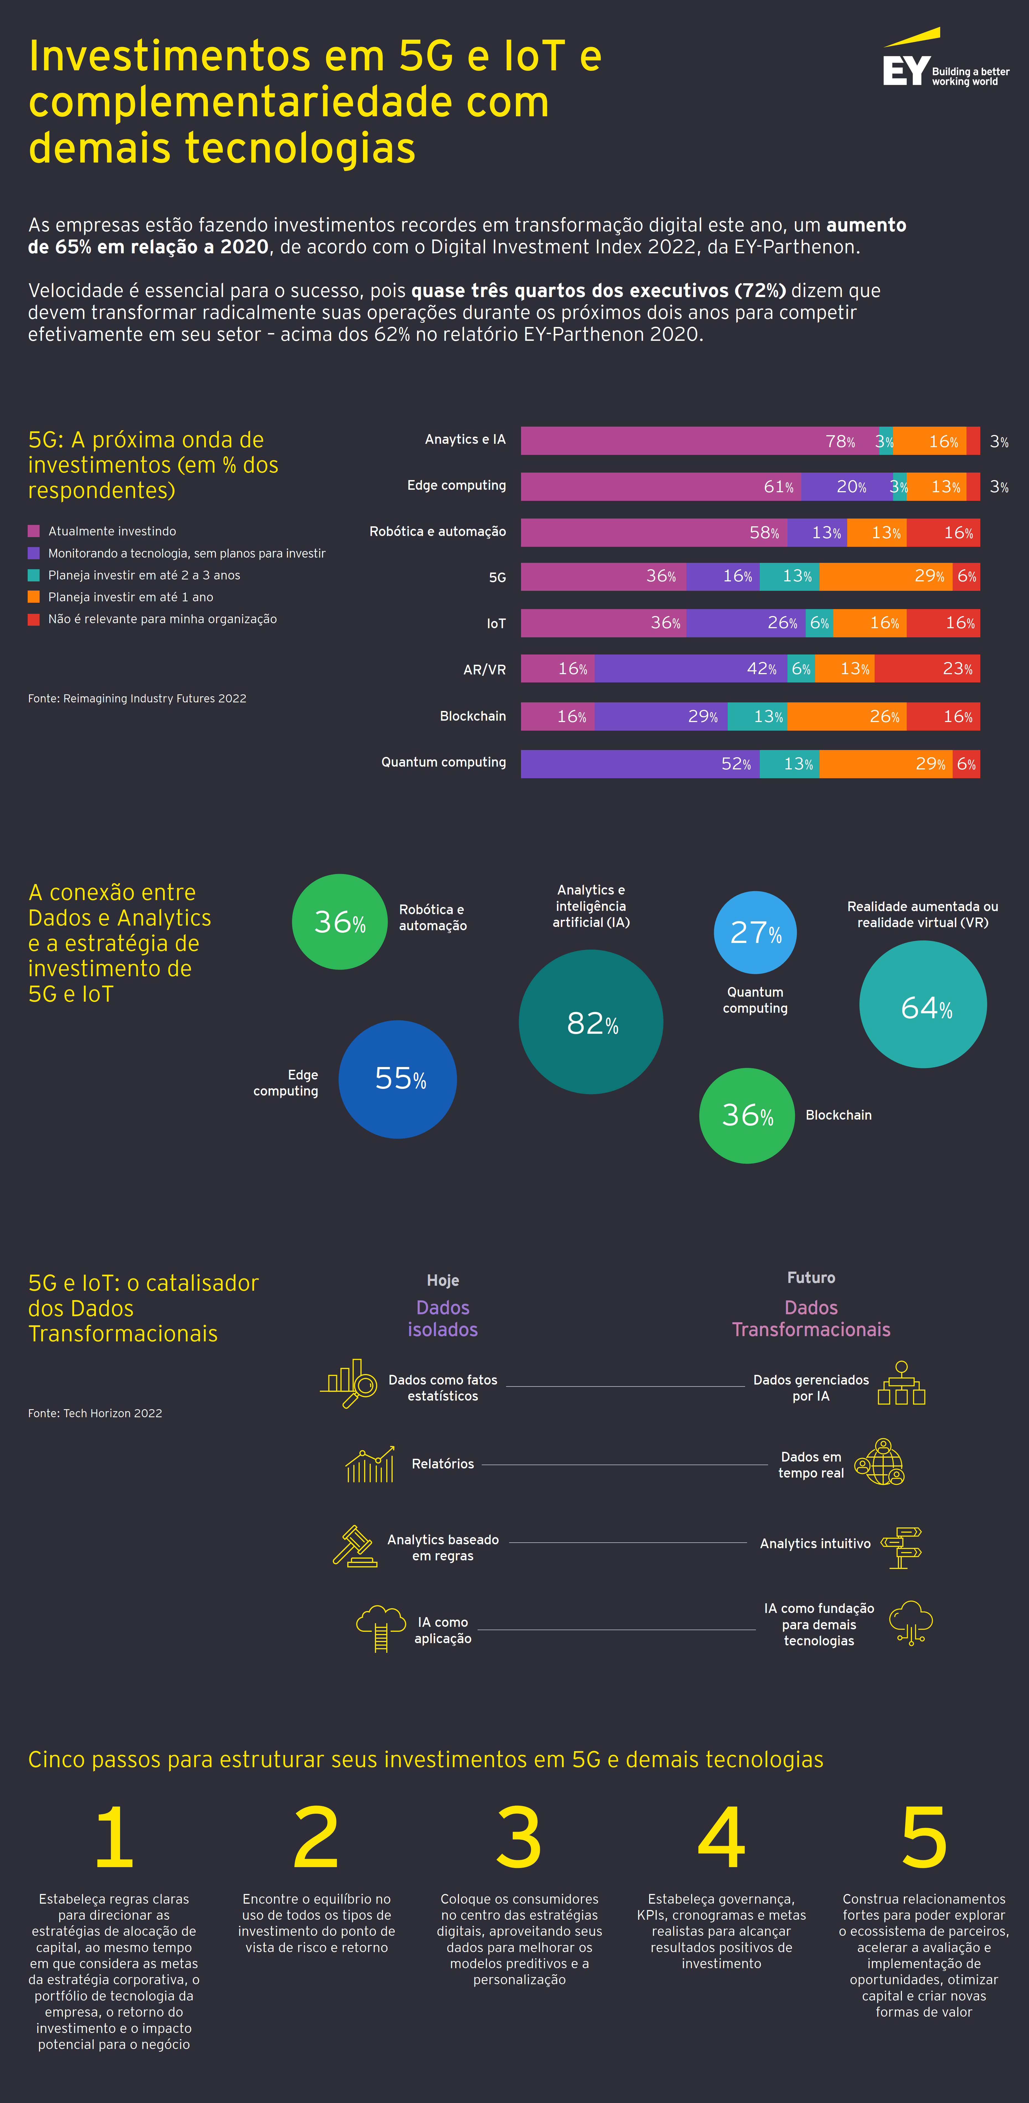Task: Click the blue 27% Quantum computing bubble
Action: point(755,932)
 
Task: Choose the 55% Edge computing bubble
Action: point(397,1079)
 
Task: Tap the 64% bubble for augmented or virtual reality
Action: point(923,1004)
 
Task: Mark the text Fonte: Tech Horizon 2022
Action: point(95,1413)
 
